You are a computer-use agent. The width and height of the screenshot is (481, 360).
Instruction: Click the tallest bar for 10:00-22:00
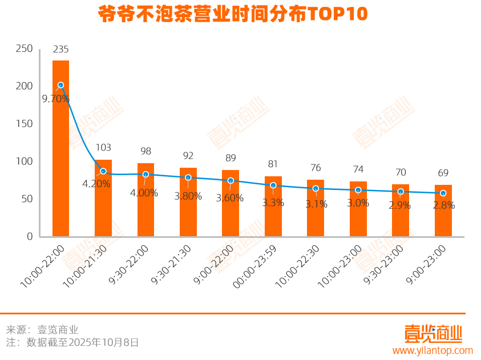click(60, 148)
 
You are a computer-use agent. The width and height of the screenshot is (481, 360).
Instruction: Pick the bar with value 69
click(443, 211)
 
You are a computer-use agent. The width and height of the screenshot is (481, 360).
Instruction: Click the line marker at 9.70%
click(60, 86)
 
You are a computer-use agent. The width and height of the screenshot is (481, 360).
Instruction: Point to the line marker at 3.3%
click(273, 185)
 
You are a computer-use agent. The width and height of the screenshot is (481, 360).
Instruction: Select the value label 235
click(61, 50)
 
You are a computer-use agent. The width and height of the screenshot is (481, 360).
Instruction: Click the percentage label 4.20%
click(96, 184)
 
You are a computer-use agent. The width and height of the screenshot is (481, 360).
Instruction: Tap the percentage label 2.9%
click(399, 205)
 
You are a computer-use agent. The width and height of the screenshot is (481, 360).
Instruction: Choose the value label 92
click(188, 155)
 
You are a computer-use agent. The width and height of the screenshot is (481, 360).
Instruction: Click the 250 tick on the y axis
click(24, 49)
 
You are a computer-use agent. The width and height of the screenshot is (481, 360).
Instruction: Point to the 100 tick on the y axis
click(24, 161)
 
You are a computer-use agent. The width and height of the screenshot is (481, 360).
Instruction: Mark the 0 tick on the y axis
click(30, 236)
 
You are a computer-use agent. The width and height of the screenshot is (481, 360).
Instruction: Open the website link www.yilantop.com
click(433, 350)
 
